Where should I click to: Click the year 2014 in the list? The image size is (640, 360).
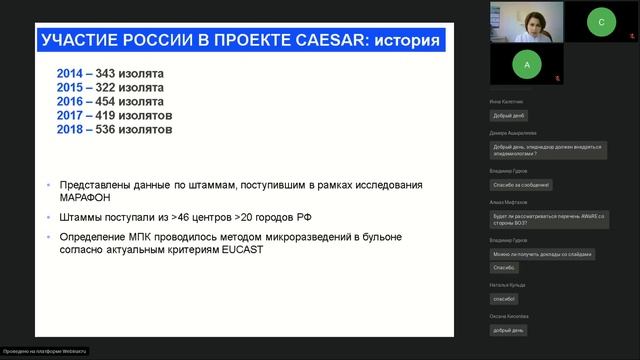[x=70, y=73]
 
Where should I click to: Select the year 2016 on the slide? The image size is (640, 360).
[x=70, y=101]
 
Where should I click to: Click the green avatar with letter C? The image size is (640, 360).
[x=601, y=21]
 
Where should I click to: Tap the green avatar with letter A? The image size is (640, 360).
[x=526, y=64]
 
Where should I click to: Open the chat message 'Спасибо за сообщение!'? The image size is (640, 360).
[x=520, y=184]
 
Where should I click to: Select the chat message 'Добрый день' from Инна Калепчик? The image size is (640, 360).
[x=509, y=115]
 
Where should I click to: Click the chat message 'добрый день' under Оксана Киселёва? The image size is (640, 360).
[x=509, y=329]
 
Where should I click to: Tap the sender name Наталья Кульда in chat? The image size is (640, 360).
[x=508, y=285]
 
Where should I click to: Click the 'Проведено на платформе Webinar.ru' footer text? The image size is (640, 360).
[x=44, y=352]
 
